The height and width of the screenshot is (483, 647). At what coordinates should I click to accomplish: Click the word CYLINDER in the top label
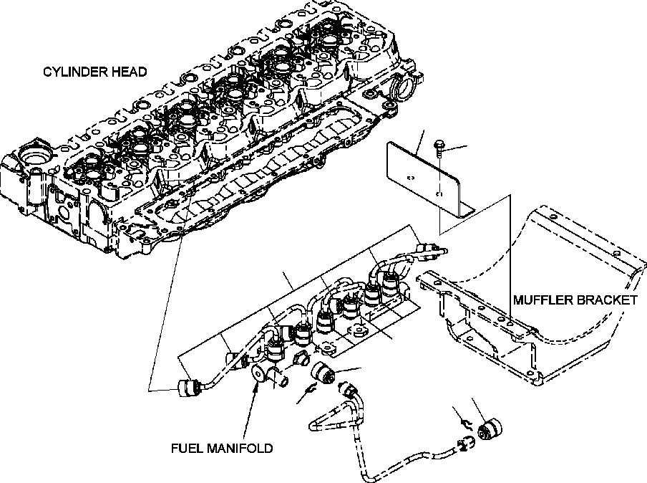[70, 72]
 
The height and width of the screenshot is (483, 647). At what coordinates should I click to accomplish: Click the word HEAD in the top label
[129, 72]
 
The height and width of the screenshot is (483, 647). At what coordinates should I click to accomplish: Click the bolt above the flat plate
[439, 148]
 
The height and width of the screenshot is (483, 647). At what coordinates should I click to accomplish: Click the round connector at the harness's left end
[189, 388]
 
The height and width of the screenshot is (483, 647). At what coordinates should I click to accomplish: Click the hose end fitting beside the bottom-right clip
[467, 445]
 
